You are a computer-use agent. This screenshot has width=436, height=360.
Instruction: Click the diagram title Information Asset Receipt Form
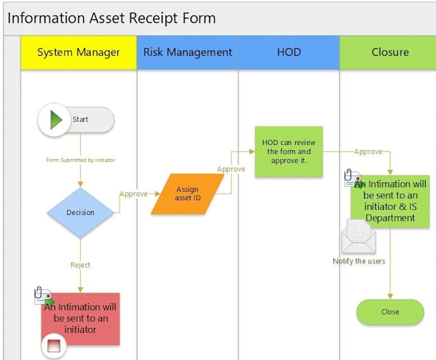click(112, 18)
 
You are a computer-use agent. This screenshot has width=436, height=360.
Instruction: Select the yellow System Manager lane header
click(78, 52)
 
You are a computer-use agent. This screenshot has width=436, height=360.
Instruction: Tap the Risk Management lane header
click(187, 52)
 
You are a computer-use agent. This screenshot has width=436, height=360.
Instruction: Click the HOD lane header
click(289, 52)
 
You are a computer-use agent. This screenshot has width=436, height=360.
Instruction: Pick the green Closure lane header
click(390, 52)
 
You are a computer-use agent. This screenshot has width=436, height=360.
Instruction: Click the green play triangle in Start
click(56, 119)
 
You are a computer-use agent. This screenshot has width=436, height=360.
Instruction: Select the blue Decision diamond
click(80, 212)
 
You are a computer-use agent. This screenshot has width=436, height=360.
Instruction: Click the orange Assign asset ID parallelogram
click(187, 194)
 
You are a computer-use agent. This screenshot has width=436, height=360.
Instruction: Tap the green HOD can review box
click(289, 151)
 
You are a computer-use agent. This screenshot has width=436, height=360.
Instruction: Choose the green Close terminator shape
click(390, 312)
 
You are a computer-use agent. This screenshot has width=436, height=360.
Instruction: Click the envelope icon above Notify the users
click(358, 237)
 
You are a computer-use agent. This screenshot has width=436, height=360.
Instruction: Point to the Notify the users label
click(358, 261)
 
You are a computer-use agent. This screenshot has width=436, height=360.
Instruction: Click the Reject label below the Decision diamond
click(80, 265)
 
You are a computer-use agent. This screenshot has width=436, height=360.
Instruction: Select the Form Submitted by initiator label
click(80, 160)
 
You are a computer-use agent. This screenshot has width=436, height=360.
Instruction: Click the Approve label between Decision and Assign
click(133, 194)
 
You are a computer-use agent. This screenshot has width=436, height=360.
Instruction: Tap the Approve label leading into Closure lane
click(368, 151)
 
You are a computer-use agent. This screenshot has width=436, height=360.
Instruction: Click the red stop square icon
click(54, 347)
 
